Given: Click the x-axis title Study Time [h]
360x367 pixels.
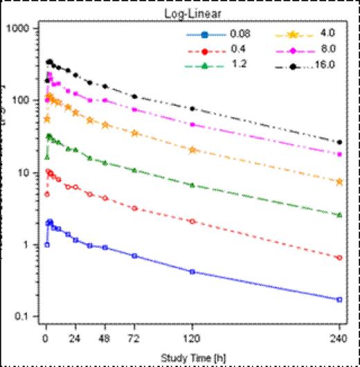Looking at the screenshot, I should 192,357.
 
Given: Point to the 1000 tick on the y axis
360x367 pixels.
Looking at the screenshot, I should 21,29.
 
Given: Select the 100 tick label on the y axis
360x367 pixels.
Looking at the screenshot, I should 24,100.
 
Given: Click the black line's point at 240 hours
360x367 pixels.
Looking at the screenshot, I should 339,142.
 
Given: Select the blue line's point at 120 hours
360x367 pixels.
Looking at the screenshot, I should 192,271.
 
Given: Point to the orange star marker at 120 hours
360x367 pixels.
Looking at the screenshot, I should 192,150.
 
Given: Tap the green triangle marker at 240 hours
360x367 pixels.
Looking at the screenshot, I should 339,215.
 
